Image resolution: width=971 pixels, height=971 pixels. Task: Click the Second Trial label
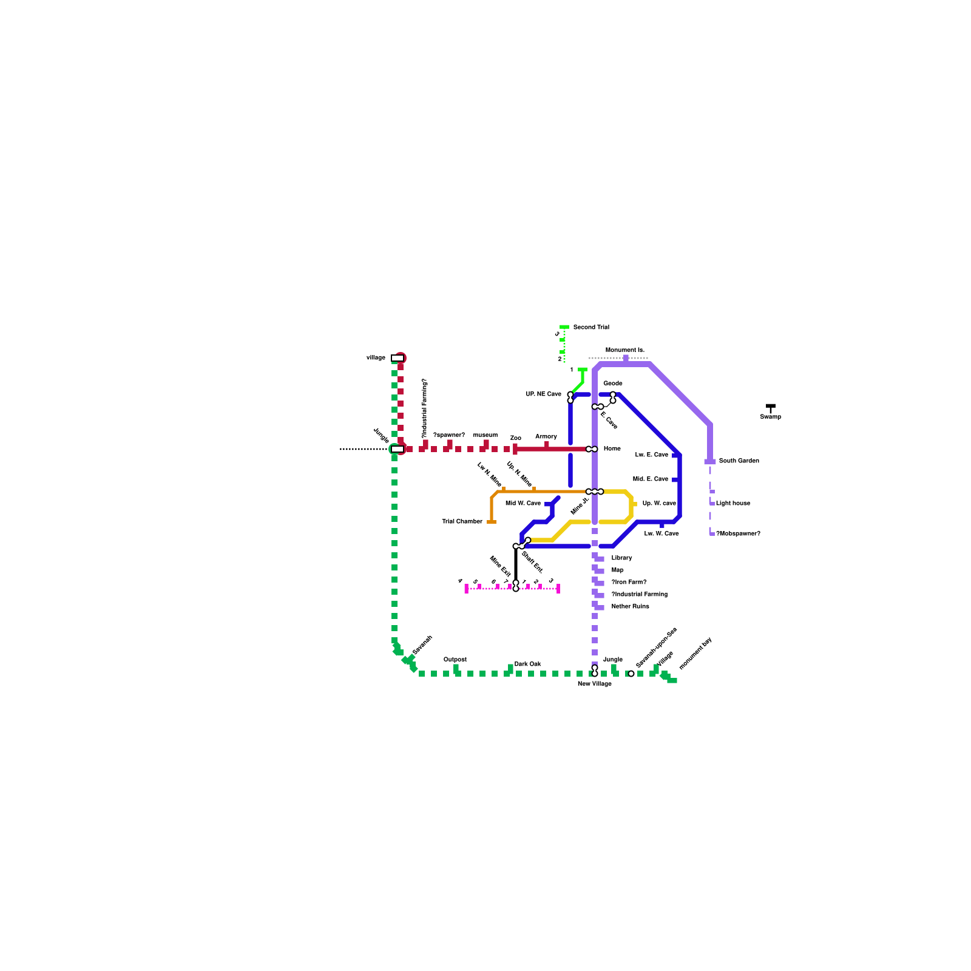point(590,327)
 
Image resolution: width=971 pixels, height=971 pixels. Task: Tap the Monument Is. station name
point(624,350)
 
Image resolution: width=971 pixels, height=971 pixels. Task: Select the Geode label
point(612,384)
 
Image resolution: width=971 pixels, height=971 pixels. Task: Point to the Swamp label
point(770,417)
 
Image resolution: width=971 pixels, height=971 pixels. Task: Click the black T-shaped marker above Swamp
point(771,408)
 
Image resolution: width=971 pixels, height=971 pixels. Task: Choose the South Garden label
point(739,461)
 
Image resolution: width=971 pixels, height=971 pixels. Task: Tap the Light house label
point(732,504)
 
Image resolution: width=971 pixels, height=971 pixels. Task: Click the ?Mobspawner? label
point(738,534)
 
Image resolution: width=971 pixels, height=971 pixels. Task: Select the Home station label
point(612,449)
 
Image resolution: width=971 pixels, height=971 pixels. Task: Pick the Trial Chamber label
point(462,522)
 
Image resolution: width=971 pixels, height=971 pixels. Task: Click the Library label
point(621,558)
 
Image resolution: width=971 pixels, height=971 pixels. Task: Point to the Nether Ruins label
point(630,607)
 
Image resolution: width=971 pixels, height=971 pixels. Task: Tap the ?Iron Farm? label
point(629,583)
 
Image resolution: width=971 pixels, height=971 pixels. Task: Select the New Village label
point(594,684)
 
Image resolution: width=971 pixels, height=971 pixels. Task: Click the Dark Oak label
point(527,665)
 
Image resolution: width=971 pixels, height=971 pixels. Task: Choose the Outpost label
point(455,660)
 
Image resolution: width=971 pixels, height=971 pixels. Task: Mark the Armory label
point(546,437)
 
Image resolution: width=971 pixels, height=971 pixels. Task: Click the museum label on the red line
point(485,435)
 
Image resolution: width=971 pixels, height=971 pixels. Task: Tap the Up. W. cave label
point(659,504)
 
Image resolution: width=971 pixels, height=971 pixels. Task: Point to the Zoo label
point(515,438)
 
